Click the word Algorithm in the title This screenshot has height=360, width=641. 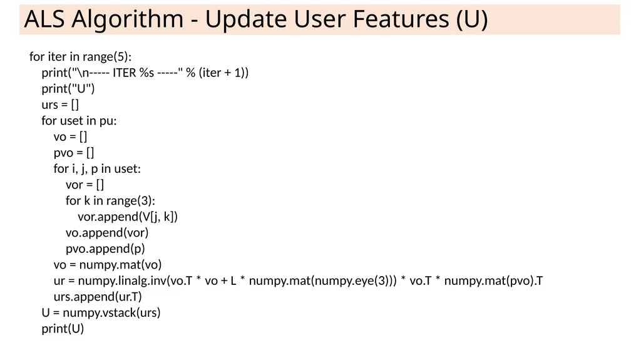point(128,19)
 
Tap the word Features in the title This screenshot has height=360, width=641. point(401,19)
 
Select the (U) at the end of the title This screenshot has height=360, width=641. point(472,19)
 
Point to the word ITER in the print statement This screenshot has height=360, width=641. point(125,73)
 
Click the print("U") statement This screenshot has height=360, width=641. point(68,88)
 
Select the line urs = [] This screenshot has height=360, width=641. point(60,105)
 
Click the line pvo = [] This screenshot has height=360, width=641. point(74,153)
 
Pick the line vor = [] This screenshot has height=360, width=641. point(85,185)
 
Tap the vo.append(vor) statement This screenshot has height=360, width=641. point(107,232)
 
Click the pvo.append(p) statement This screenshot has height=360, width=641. point(105,249)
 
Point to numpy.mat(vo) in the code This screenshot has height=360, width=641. point(120,264)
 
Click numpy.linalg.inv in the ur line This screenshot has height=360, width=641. point(120,280)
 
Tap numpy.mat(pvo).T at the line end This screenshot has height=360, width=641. point(493,280)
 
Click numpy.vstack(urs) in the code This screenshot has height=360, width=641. point(111,312)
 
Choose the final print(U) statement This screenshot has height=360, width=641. point(63,329)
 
